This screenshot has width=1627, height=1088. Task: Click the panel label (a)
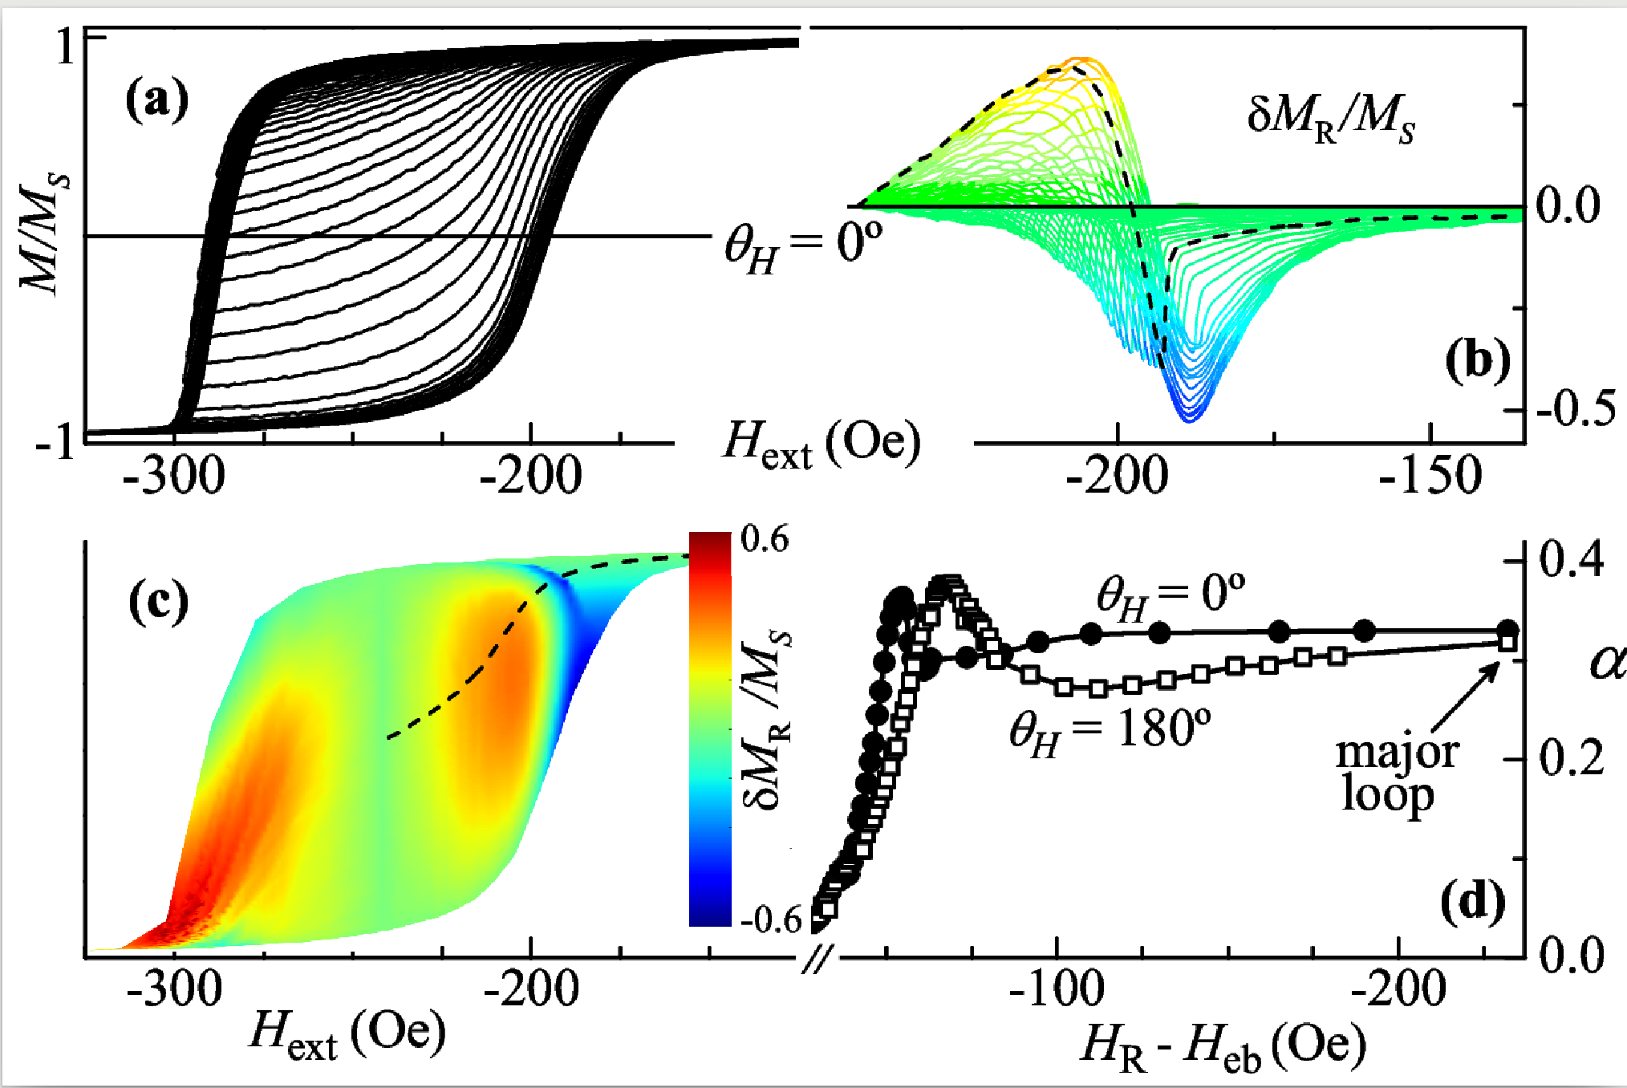(157, 101)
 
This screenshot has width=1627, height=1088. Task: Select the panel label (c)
(159, 603)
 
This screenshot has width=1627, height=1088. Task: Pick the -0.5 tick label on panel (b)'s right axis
(1575, 409)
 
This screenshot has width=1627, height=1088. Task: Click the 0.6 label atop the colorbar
(765, 539)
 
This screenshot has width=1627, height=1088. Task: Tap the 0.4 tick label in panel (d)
(1572, 559)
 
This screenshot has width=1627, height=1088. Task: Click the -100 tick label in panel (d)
(1056, 989)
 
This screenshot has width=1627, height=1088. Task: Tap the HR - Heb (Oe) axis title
(1223, 1047)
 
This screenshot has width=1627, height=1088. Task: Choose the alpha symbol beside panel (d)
(1607, 663)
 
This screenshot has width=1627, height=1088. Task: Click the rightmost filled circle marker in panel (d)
(1508, 631)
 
